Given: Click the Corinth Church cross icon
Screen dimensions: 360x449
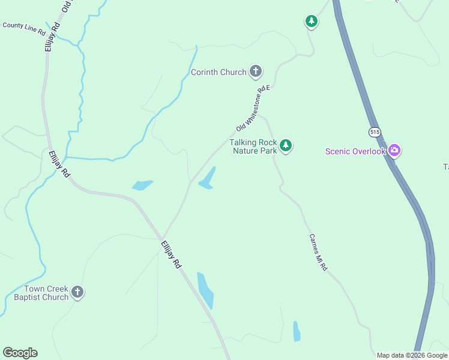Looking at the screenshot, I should click(x=256, y=72).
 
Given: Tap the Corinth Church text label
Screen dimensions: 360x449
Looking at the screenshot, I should click(x=218, y=73).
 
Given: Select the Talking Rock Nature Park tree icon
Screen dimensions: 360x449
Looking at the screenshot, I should click(x=286, y=146).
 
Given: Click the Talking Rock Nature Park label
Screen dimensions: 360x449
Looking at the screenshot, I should click(x=253, y=146).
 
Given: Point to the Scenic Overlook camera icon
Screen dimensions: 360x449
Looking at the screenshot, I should click(x=394, y=151).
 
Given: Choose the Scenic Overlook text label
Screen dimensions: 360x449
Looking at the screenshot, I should click(x=355, y=151).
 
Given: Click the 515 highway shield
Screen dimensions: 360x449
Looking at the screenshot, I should click(x=375, y=131).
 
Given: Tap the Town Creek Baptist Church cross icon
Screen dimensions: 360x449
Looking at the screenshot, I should click(x=77, y=292).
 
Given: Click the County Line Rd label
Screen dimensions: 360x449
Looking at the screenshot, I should click(x=24, y=27).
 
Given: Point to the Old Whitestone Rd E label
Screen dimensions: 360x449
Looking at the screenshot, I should click(x=254, y=109).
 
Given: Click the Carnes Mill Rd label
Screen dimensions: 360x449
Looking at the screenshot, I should click(x=318, y=252).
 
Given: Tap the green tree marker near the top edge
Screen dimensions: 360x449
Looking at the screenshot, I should click(x=311, y=22).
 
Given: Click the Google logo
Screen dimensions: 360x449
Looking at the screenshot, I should click(x=20, y=353).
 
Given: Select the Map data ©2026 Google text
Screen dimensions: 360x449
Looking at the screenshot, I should click(x=411, y=355).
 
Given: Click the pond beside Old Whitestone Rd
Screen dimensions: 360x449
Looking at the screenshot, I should click(x=208, y=179).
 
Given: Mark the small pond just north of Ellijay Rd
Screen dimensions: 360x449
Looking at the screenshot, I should click(x=142, y=185).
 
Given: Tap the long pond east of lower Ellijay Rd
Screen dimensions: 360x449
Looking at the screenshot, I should click(x=205, y=290).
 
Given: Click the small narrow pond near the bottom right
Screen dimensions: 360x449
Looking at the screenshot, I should click(x=297, y=331).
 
